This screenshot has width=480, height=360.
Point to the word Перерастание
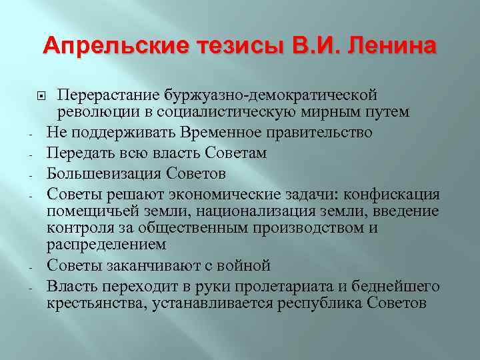coord(101,95)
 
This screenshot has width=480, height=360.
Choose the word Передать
coord(77,153)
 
